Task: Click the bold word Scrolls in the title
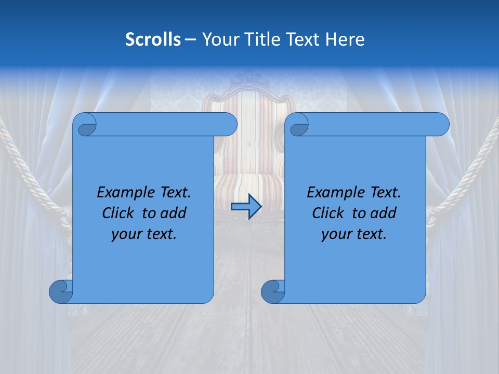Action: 153,39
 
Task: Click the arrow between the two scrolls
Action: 245,207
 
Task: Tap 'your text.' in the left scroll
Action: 144,234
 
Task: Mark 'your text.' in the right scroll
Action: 354,234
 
